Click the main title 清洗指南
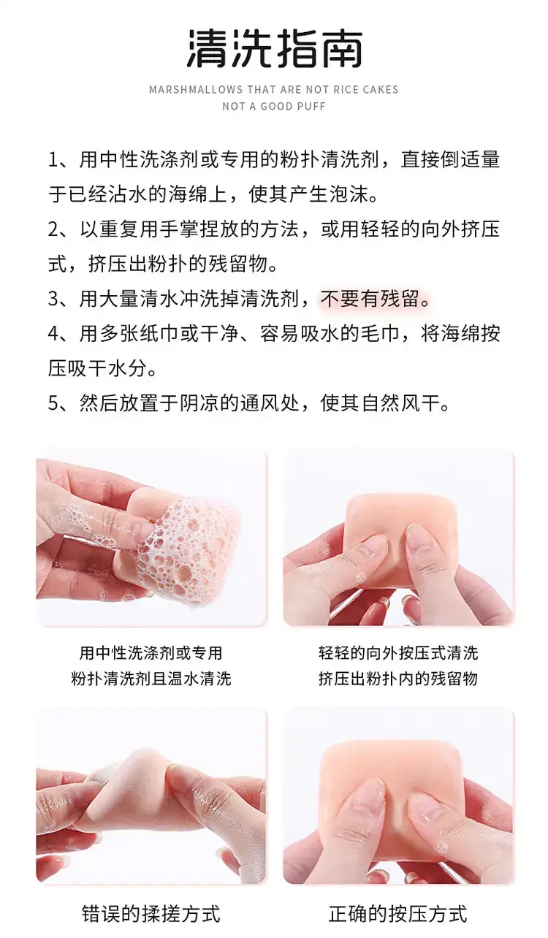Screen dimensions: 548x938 click(x=275, y=49)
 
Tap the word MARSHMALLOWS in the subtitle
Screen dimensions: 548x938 click(x=196, y=90)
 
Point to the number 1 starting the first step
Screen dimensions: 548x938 click(x=53, y=160)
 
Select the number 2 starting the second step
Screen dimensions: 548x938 click(x=53, y=229)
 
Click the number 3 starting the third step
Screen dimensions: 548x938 click(x=53, y=299)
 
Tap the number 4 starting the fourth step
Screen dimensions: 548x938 click(x=53, y=334)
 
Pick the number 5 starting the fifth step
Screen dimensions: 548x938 click(x=53, y=403)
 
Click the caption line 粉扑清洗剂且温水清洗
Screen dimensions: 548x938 click(x=151, y=679)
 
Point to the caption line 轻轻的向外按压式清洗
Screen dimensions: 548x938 click(x=398, y=653)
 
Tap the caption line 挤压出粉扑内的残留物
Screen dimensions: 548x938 click(x=398, y=679)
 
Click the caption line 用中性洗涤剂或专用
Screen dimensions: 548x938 click(x=151, y=653)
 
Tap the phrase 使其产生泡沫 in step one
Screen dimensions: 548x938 click(x=313, y=195)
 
